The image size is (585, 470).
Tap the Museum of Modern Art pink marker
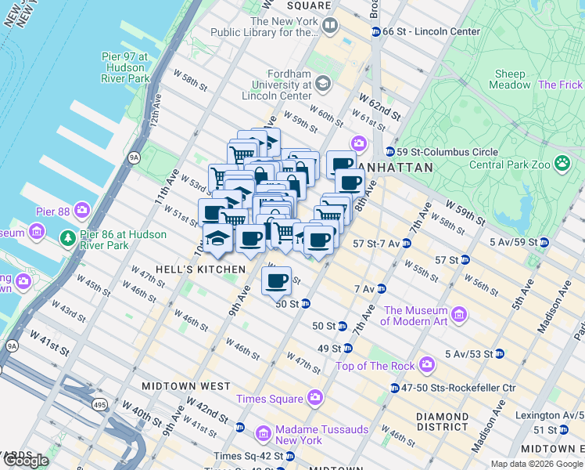coord(459,315)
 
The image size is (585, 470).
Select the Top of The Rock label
coord(375,366)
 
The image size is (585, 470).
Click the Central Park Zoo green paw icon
coord(562,163)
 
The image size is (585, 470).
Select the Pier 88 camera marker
coord(82,211)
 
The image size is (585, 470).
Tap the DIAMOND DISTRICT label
coord(442,421)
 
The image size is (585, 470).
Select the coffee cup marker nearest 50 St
coord(276,280)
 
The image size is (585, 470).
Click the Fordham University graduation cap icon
coord(323,84)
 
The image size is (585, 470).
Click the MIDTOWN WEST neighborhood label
coord(186,386)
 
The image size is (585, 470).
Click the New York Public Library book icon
coord(329,26)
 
